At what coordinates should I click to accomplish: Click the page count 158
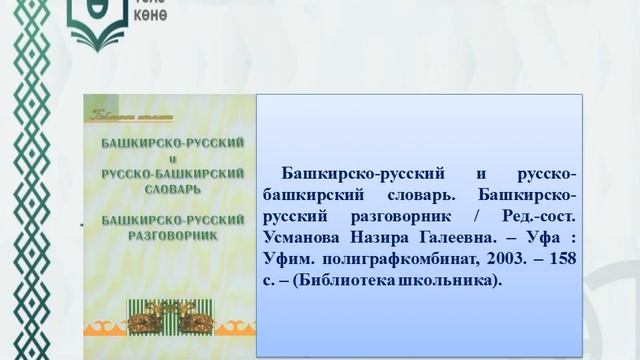(557, 259)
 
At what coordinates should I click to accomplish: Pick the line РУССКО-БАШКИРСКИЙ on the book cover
(164, 172)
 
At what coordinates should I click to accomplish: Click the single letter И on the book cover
(165, 158)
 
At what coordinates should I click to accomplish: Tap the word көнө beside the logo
(150, 17)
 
